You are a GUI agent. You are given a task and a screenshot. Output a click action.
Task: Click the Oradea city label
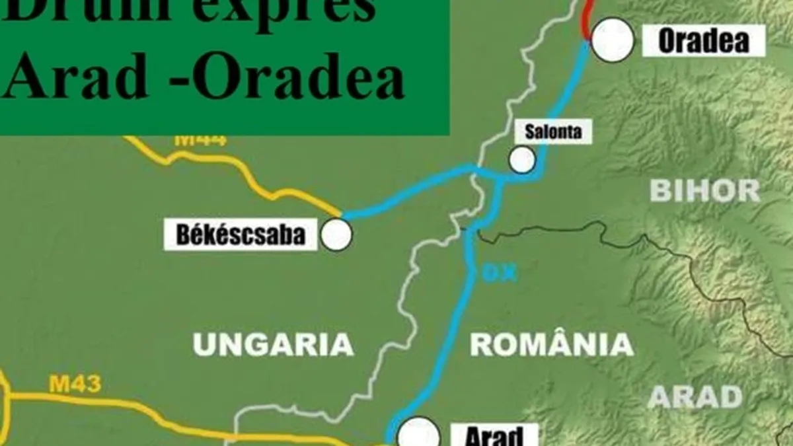tap(704, 41)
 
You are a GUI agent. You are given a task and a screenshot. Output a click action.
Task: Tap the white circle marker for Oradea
tap(613, 40)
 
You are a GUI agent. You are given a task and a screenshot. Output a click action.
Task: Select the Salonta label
tap(553, 131)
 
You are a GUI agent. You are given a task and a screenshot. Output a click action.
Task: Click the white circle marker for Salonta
tap(522, 159)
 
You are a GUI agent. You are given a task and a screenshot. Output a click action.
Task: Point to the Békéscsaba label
tap(241, 235)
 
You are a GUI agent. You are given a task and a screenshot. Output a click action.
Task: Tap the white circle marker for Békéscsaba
tap(336, 235)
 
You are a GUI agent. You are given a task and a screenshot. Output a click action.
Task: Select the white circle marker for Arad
tap(418, 433)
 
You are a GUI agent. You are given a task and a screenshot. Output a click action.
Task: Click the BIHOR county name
tap(704, 190)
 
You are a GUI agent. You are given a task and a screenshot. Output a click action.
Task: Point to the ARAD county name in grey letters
tap(695, 396)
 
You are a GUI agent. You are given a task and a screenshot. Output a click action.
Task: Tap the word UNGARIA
tap(273, 344)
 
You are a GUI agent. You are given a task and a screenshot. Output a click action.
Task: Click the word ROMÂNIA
tap(551, 344)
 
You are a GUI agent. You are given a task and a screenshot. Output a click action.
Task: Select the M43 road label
tap(75, 385)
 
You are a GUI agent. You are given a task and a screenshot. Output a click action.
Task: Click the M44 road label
tap(200, 140)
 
